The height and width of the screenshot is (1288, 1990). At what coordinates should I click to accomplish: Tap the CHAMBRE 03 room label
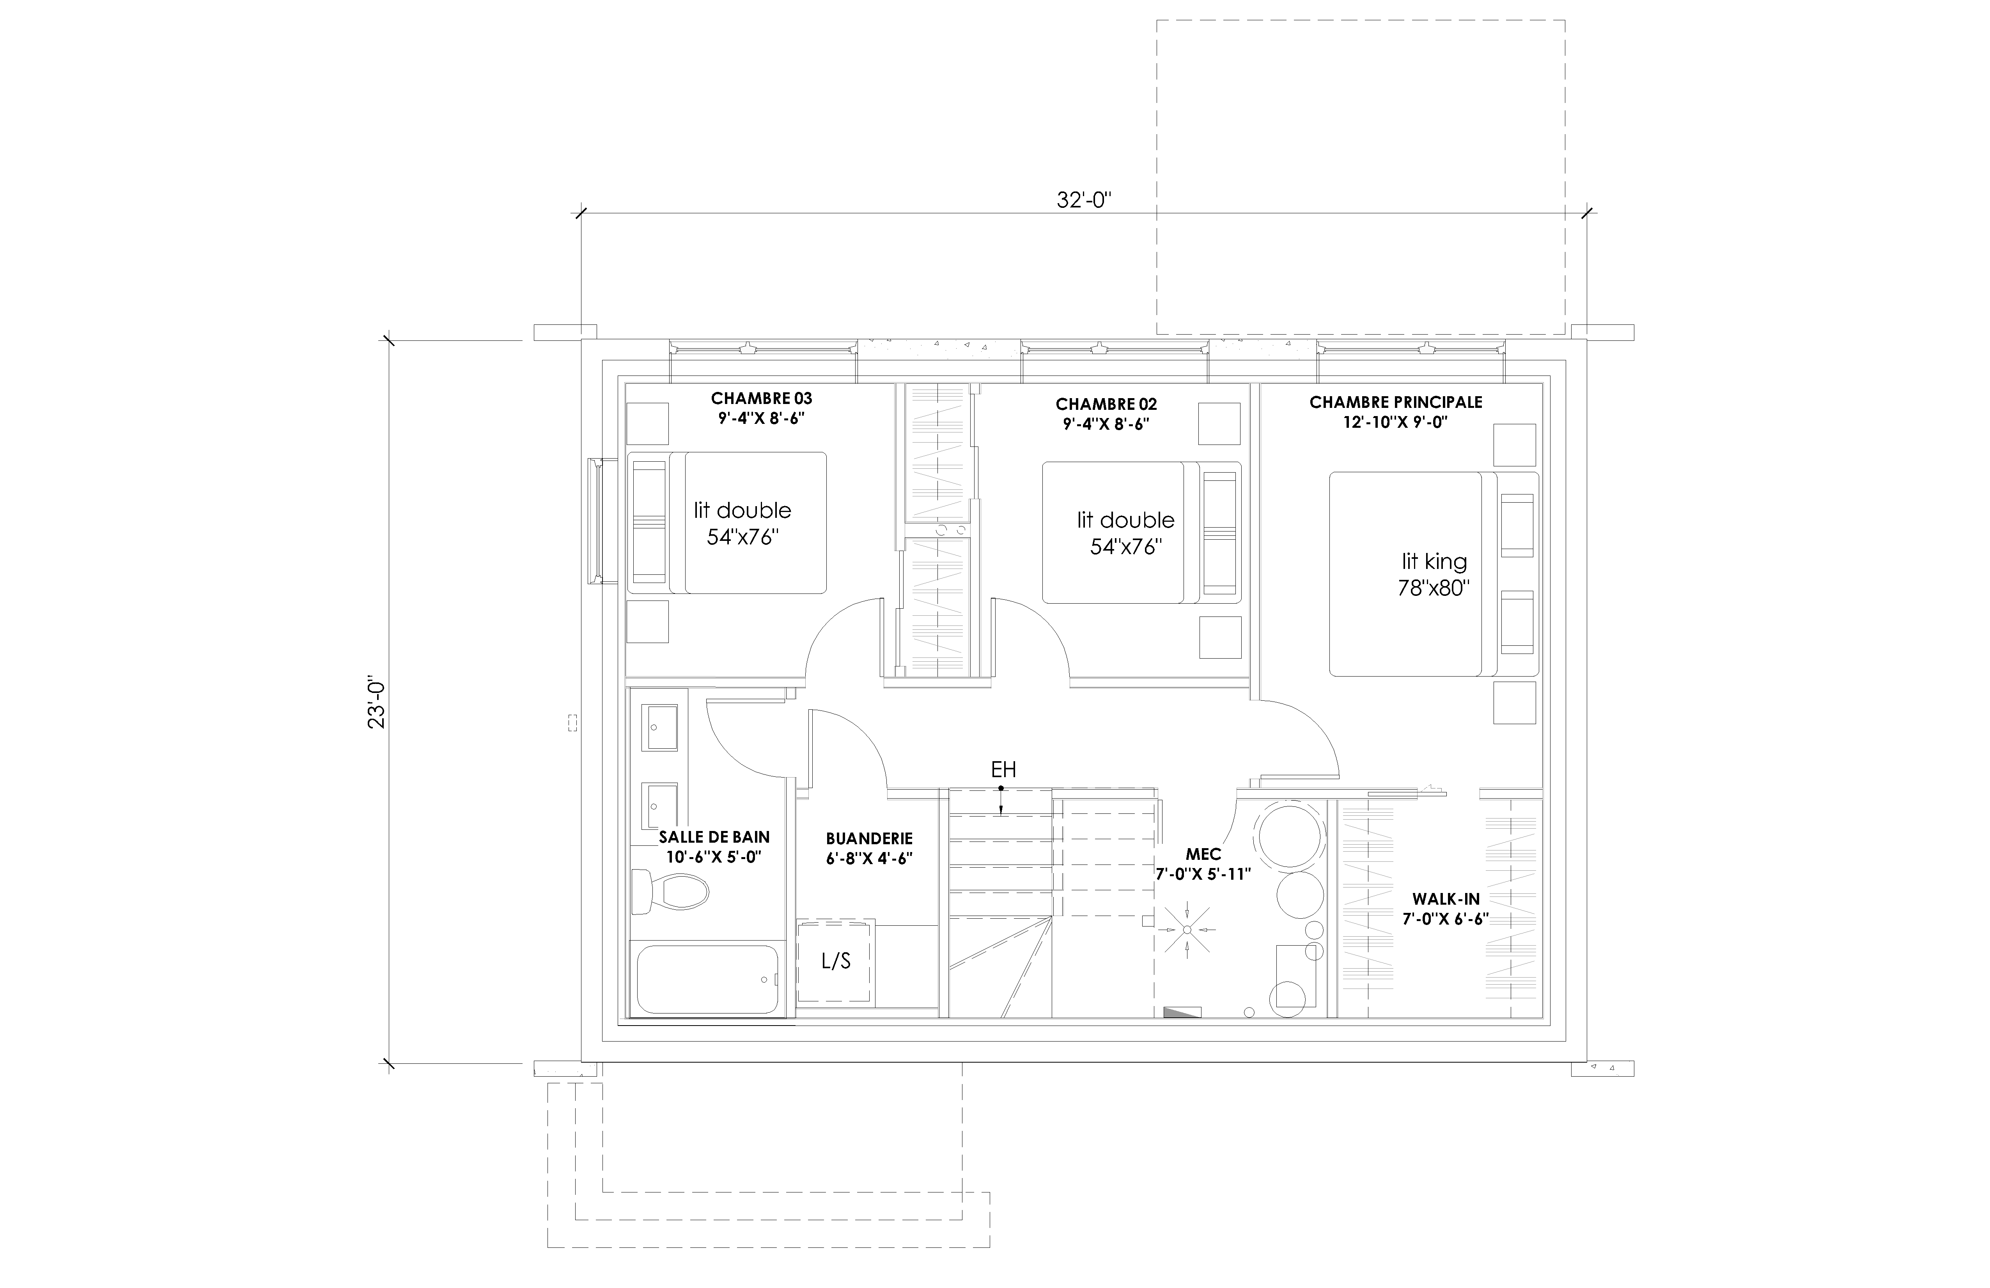point(761,398)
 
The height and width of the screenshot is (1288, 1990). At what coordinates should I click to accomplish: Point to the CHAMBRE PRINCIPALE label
point(1396,402)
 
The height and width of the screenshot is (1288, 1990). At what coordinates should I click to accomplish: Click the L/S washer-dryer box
point(835,961)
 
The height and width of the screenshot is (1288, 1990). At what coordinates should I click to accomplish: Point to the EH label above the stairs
point(1003,769)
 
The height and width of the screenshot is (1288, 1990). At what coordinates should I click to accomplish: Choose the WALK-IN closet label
point(1446,899)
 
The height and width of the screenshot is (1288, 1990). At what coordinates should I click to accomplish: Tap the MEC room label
point(1203,854)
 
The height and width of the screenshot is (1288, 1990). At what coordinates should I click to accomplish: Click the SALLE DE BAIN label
point(714,836)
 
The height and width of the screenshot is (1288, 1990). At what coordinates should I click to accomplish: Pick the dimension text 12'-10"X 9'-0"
point(1396,422)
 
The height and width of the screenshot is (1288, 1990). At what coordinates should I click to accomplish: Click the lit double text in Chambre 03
point(742,510)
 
